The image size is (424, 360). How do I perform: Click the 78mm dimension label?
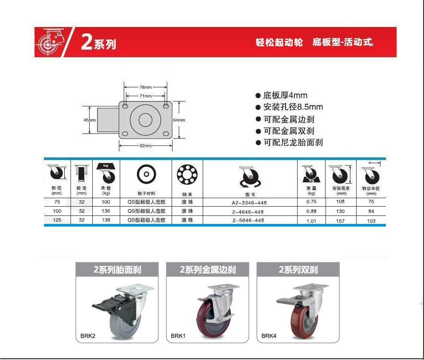[145, 87]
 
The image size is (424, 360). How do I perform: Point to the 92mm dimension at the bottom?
[145, 146]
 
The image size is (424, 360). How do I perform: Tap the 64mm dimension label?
[179, 120]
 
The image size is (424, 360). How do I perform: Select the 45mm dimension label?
[90, 120]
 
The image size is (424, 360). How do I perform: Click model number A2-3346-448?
[249, 203]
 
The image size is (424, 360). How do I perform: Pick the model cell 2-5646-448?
[248, 220]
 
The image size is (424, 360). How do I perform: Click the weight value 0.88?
[311, 211]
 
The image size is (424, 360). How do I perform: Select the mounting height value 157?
[340, 221]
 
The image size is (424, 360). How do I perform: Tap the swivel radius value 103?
[371, 221]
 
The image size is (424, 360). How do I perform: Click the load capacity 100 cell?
[106, 202]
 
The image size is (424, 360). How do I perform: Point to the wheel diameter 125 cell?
[57, 220]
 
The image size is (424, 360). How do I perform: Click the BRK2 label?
[88, 336]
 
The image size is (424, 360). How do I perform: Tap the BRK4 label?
[269, 336]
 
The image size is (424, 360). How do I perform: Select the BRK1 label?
[178, 336]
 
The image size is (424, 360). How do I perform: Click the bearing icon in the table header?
[187, 174]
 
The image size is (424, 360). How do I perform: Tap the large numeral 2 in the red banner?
[87, 42]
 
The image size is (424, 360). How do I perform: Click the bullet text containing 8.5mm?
[293, 107]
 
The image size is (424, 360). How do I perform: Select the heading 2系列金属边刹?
[208, 270]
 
